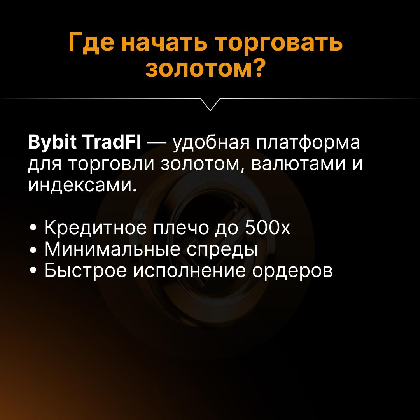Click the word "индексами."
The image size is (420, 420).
click(83, 186)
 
